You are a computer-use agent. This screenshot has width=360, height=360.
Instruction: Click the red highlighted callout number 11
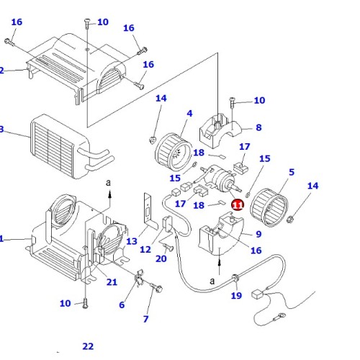(238, 204)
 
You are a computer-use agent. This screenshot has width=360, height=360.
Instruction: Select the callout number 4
(189, 113)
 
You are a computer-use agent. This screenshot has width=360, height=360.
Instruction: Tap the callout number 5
(291, 172)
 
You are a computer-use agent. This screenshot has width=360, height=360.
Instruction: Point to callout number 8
(258, 127)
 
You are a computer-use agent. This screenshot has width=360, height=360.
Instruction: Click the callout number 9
(258, 233)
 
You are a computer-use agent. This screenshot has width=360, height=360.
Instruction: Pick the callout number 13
(131, 241)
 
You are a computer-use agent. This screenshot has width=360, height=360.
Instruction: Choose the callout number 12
(145, 250)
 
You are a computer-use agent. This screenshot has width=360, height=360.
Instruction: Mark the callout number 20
(161, 258)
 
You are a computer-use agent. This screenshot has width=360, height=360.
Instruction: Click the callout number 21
(112, 282)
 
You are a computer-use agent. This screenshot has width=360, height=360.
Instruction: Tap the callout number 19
(236, 294)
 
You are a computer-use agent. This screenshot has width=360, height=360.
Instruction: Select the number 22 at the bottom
(88, 346)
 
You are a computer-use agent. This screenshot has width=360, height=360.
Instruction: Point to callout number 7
(146, 318)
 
